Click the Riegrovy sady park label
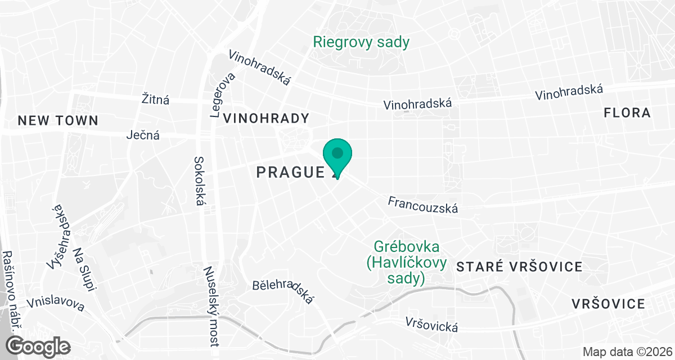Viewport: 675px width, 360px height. pos(361,42)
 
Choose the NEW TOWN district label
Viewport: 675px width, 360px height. pos(58,120)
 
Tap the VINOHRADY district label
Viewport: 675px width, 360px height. pos(267,118)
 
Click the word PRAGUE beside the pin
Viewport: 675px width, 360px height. pos(290,172)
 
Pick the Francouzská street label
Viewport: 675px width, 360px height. pos(423,205)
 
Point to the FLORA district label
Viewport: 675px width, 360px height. pos(627,113)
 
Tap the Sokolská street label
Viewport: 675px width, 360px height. pos(198,181)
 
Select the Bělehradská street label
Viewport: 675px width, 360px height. pos(283,292)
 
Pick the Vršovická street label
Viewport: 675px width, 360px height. pos(431,325)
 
